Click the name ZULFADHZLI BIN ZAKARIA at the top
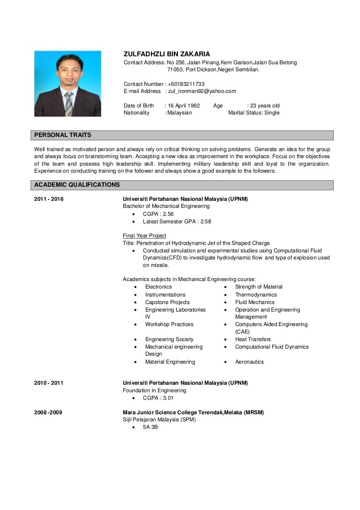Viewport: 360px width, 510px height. click(x=166, y=54)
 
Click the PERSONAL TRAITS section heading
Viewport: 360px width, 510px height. click(x=63, y=135)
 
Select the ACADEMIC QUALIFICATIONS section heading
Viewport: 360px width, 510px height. click(x=77, y=185)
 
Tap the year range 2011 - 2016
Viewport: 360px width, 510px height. click(x=49, y=199)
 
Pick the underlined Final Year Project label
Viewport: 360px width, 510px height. click(x=144, y=236)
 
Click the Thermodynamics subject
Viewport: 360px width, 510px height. click(x=256, y=295)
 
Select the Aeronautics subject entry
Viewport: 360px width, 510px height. click(x=249, y=362)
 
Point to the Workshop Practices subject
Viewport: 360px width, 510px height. click(x=169, y=324)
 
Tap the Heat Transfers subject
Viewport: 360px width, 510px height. click(x=253, y=339)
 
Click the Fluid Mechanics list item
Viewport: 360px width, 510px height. click(x=255, y=302)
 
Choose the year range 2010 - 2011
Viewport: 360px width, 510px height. click(x=49, y=383)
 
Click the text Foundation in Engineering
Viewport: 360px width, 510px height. click(x=154, y=390)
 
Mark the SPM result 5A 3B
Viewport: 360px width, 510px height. click(x=150, y=427)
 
